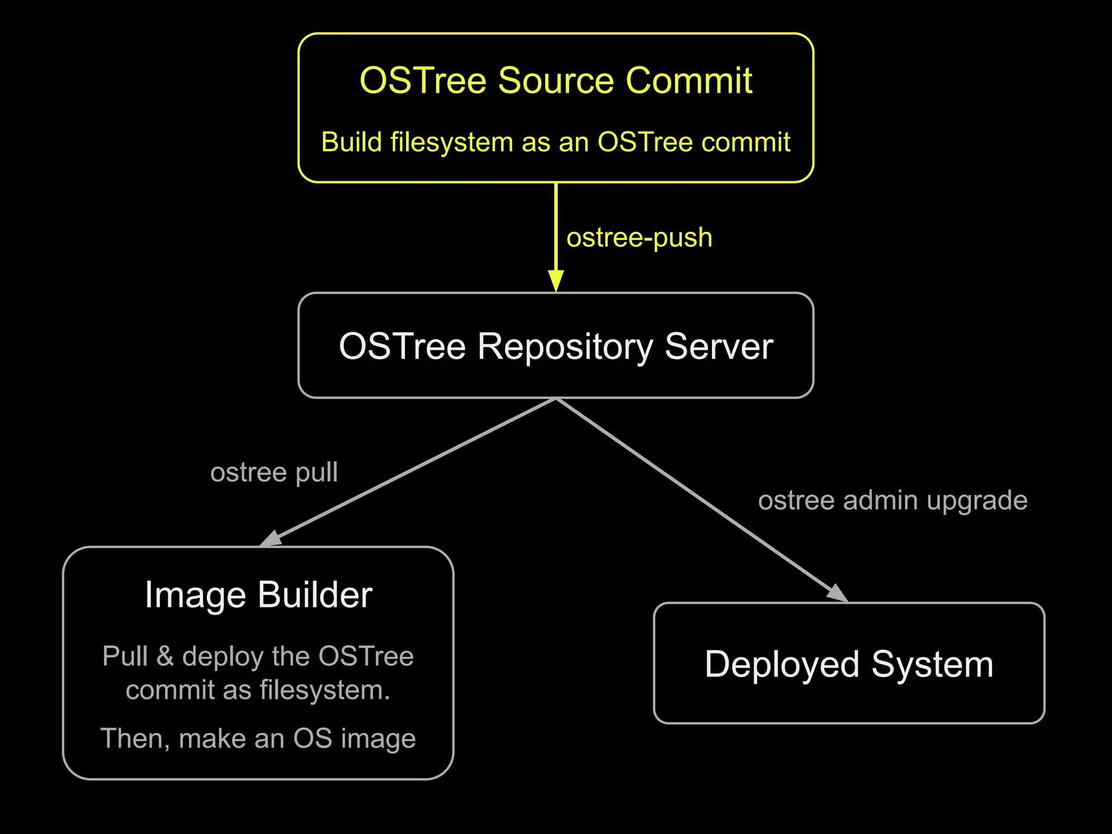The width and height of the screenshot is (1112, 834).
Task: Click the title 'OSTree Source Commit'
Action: click(x=555, y=80)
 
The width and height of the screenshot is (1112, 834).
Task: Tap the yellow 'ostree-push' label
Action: click(x=639, y=238)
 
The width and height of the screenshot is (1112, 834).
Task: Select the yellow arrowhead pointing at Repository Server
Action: click(x=555, y=280)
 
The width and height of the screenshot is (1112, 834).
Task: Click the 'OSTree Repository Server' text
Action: click(x=555, y=346)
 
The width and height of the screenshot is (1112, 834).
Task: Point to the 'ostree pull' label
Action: click(x=274, y=472)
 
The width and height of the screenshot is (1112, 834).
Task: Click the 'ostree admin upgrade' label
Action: click(x=892, y=500)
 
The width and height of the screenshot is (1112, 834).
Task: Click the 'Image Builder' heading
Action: click(x=258, y=595)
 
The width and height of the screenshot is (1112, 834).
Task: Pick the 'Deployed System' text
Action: click(x=849, y=664)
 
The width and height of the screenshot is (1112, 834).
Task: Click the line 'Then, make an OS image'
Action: click(x=258, y=738)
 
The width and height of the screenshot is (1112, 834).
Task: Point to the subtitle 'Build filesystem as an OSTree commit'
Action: click(x=555, y=142)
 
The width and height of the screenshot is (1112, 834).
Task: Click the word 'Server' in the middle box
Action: click(x=718, y=346)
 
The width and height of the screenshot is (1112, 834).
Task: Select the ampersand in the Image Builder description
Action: click(x=165, y=656)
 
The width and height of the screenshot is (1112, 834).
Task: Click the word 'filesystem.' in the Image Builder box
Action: click(x=325, y=691)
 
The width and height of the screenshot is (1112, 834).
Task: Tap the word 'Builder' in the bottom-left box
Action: click(x=315, y=595)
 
